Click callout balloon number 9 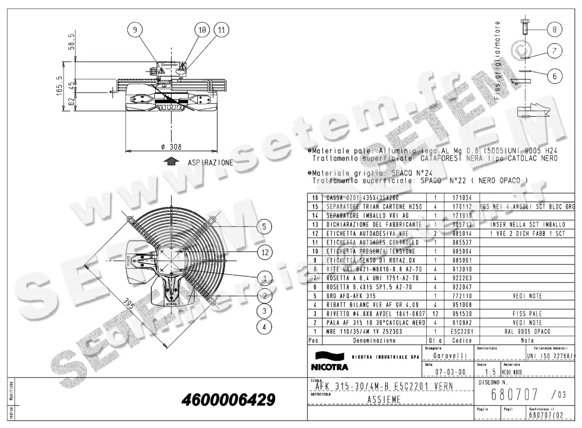point(135,30)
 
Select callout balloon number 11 point(222,30)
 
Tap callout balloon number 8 point(554,30)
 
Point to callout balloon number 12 point(264,252)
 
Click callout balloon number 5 point(264,226)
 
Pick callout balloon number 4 point(264,327)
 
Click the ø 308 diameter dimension point(171,146)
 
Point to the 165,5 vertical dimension point(60,86)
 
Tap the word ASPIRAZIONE point(210,163)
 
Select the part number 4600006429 point(228,400)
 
